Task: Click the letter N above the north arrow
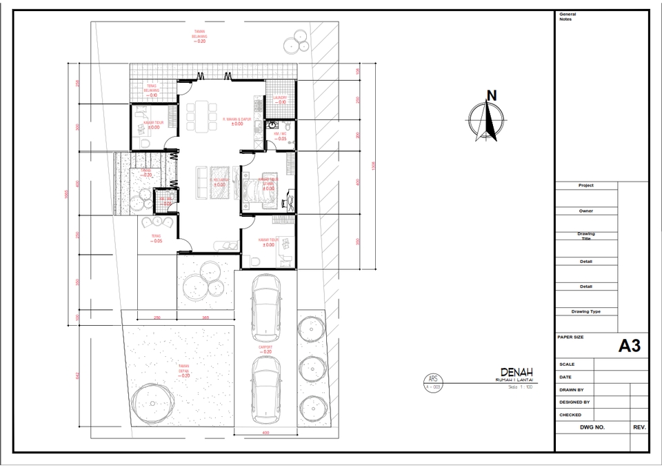(491, 96)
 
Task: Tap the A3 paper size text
(629, 346)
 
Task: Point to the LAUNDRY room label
(280, 100)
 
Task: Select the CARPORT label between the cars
(265, 349)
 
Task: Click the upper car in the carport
(265, 306)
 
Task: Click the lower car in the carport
(265, 391)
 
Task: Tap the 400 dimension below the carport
(265, 433)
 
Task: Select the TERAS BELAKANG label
(152, 90)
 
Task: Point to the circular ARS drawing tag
(433, 382)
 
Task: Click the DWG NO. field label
(592, 427)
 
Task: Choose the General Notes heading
(568, 17)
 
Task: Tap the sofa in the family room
(203, 181)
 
